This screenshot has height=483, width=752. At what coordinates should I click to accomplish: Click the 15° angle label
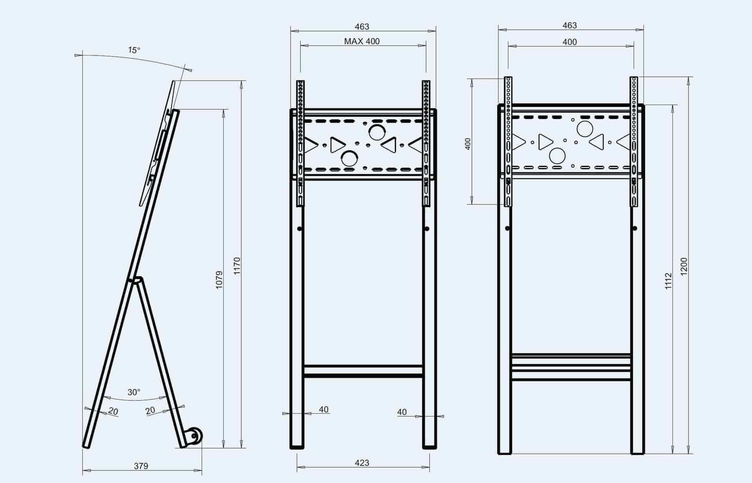pyautogui.click(x=134, y=50)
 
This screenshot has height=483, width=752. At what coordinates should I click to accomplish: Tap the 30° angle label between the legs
pyautogui.click(x=134, y=392)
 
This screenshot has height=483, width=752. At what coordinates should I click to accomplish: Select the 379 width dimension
pyautogui.click(x=141, y=466)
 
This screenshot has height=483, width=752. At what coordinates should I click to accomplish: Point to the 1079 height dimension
pyautogui.click(x=219, y=280)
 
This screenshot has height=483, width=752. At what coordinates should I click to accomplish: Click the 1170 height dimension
pyautogui.click(x=237, y=266)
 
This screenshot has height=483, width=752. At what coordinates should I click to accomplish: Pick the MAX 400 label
pyautogui.click(x=362, y=41)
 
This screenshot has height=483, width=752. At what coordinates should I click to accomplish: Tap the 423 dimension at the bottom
pyautogui.click(x=362, y=463)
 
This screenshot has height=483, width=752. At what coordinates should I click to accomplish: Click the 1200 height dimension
pyautogui.click(x=684, y=266)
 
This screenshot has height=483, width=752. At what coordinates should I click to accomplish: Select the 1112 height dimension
pyautogui.click(x=668, y=281)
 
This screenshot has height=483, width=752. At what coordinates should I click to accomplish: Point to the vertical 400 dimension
pyautogui.click(x=467, y=144)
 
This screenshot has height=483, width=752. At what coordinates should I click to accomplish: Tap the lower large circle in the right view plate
pyautogui.click(x=557, y=156)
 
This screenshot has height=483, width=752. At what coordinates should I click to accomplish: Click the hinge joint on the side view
pyautogui.click(x=136, y=280)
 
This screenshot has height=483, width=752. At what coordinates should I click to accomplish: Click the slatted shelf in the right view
pyautogui.click(x=571, y=367)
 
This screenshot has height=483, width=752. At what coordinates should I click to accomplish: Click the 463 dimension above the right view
pyautogui.click(x=569, y=25)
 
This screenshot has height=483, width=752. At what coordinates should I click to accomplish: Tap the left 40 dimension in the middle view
pyautogui.click(x=324, y=409)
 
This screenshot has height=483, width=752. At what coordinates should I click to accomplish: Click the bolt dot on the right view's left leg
pyautogui.click(x=507, y=228)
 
